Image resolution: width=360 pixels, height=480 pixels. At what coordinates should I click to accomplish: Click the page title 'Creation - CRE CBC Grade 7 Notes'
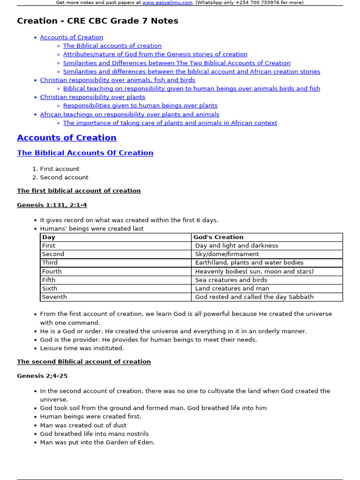pyautogui.click(x=97, y=21)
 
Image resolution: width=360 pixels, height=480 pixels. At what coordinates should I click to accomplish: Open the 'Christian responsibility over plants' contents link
pyautogui.click(x=92, y=97)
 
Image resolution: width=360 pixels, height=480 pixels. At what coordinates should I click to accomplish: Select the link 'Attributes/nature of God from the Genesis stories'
pyautogui.click(x=155, y=54)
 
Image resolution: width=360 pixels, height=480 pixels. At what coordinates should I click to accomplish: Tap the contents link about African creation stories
pyautogui.click(x=191, y=72)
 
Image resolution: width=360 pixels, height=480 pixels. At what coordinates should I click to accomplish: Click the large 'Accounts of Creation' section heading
pyautogui.click(x=67, y=138)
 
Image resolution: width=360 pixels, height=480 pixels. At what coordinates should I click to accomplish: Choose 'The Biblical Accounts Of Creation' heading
pyautogui.click(x=85, y=153)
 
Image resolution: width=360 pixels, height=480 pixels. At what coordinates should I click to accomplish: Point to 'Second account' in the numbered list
pyautogui.click(x=64, y=178)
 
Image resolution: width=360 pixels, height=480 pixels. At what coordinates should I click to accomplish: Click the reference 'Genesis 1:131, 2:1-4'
pyautogui.click(x=52, y=205)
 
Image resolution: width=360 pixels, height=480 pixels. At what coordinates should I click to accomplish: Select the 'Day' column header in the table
pyautogui.click(x=49, y=237)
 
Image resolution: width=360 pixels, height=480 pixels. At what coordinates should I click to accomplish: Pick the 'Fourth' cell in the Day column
pyautogui.click(x=52, y=271)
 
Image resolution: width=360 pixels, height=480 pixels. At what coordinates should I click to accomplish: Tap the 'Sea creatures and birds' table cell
pyautogui.click(x=231, y=280)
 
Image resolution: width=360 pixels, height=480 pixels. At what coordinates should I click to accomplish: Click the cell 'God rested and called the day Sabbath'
pyautogui.click(x=254, y=297)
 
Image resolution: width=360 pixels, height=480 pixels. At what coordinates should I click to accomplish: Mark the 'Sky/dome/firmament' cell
pyautogui.click(x=227, y=254)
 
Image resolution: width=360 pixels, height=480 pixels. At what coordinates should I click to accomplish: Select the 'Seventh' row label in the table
pyautogui.click(x=54, y=297)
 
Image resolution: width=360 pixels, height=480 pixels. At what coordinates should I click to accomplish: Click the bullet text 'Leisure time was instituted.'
pyautogui.click(x=82, y=348)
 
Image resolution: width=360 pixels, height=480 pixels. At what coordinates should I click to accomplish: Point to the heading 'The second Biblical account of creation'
pyautogui.click(x=84, y=362)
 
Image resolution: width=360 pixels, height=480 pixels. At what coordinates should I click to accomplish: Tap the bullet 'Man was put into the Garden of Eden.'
pyautogui.click(x=97, y=442)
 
